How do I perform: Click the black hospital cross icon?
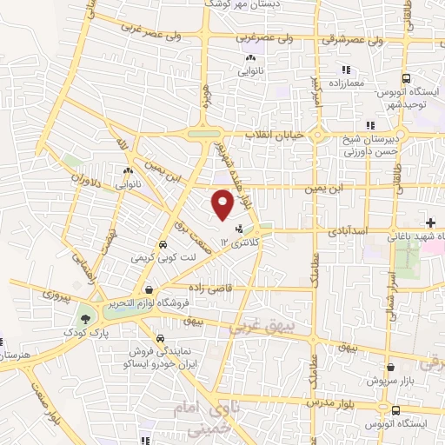click(432, 224)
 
